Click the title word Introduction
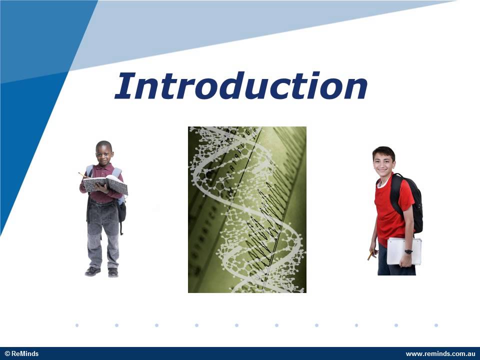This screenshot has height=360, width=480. pos(241,85)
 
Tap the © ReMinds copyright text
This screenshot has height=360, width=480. pos(21,354)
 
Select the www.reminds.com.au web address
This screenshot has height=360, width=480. pos(436,354)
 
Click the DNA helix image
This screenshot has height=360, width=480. pos(247,209)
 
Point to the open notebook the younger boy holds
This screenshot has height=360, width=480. pos(105,184)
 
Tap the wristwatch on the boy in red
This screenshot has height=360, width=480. pos(408,251)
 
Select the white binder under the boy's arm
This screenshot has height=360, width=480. pos(404,251)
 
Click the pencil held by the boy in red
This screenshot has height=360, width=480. pos(371,255)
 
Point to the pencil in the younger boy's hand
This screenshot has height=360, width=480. pos(83,175)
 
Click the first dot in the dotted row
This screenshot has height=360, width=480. pos(77,325)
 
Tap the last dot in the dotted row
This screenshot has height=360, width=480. pos(436,325)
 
